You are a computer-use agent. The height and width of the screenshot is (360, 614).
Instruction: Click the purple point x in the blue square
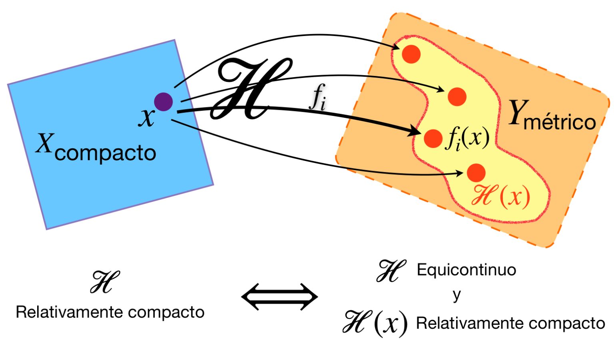tap(163, 101)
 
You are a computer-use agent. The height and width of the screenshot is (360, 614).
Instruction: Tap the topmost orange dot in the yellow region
tap(411, 54)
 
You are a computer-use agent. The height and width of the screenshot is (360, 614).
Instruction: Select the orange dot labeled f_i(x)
tap(433, 138)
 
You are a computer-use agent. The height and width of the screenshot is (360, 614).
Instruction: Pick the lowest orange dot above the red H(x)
tap(476, 173)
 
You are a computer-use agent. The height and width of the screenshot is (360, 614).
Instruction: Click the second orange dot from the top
tap(457, 96)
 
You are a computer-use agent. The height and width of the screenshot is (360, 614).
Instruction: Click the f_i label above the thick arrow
tap(319, 97)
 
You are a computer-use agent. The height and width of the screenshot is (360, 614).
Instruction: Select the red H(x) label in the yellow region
tap(501, 196)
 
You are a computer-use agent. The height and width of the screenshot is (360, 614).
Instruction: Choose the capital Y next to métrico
tap(518, 112)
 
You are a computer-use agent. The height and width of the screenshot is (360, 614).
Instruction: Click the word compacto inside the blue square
tap(105, 153)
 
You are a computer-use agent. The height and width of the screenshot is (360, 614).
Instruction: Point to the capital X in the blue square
tap(44, 143)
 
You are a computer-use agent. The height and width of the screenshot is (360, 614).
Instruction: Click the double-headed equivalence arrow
tap(279, 296)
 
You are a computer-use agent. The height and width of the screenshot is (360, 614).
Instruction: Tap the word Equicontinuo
tap(466, 270)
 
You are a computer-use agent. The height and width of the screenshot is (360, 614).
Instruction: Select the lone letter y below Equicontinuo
tap(457, 295)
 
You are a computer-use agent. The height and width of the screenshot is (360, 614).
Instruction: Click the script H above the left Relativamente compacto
tap(105, 281)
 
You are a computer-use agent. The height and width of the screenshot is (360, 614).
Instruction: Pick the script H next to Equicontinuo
tap(391, 270)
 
